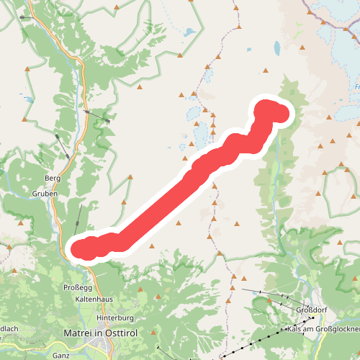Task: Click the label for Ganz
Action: coord(61,355)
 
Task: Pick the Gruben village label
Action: coord(44,194)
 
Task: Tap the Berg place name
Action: coord(52,178)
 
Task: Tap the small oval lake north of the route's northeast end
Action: coord(277,49)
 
